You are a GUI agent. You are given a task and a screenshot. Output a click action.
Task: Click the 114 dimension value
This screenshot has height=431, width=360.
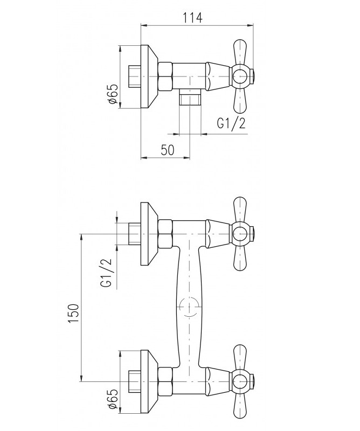click(193, 17)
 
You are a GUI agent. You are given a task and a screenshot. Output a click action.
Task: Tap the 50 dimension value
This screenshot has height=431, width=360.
click(168, 150)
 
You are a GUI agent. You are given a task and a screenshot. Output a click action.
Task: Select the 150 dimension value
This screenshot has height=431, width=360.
click(74, 314)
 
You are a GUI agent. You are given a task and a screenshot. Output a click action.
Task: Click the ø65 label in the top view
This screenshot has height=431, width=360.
click(113, 94)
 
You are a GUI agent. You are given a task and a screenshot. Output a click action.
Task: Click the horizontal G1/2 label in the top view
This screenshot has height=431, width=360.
click(231, 123)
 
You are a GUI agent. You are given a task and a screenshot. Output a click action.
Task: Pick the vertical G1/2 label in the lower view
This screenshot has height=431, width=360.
click(107, 273)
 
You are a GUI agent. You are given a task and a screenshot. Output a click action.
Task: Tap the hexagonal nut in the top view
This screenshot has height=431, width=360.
click(165, 77)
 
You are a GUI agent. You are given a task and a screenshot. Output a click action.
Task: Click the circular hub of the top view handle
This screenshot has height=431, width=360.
click(240, 76)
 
